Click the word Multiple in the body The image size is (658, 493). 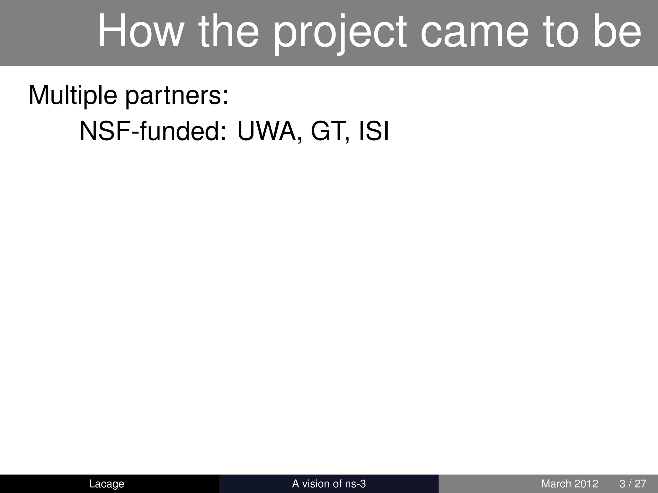coord(73,96)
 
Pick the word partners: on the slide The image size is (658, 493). coord(177,96)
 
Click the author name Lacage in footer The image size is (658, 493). coord(106,484)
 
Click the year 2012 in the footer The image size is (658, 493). coord(587,484)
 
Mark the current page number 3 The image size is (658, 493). coord(622,484)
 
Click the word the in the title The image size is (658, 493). coord(228,31)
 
